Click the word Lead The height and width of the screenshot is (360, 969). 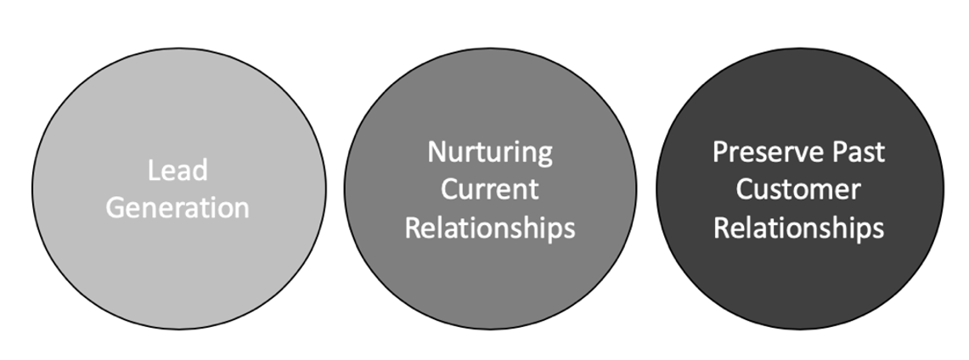point(177,171)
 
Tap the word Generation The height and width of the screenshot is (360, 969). point(177,208)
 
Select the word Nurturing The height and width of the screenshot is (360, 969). point(490,153)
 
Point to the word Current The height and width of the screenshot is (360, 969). point(489,189)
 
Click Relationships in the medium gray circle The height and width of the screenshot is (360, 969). point(490,228)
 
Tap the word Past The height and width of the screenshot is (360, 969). point(860,152)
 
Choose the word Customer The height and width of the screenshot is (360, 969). point(797,189)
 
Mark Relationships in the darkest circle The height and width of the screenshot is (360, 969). point(798,228)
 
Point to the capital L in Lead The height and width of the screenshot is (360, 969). point(154,171)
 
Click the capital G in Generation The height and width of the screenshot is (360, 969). point(115,208)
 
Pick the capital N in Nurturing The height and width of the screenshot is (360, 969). point(437,152)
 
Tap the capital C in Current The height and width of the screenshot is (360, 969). point(449,189)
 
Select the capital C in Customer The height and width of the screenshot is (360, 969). point(744,189)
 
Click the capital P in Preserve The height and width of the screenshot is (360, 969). point(720,152)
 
